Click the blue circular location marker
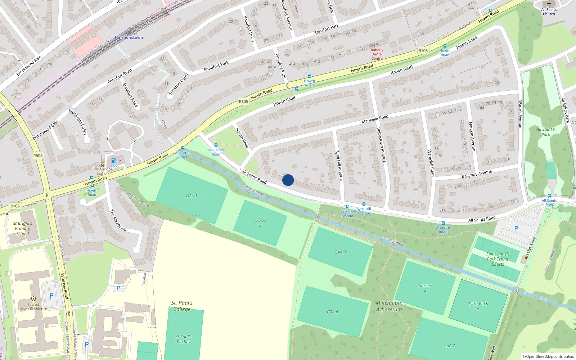point(288,180)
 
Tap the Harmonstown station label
point(129,37)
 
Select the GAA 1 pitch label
point(192,196)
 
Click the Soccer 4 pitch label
point(425,288)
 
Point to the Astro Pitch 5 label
point(478,306)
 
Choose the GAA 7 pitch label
point(449,346)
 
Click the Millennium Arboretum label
point(389,306)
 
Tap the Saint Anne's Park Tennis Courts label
point(498,259)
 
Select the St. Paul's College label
point(182,306)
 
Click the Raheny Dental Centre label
point(377,54)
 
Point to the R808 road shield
point(38,156)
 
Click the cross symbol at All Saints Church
point(549,4)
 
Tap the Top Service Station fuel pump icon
point(113,161)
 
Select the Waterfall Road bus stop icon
point(443,223)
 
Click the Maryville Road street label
point(375,119)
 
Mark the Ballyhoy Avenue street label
point(477,174)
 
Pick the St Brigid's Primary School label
point(22,228)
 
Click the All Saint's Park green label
point(545,132)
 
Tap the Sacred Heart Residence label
point(33,306)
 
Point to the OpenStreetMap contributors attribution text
point(548,356)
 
